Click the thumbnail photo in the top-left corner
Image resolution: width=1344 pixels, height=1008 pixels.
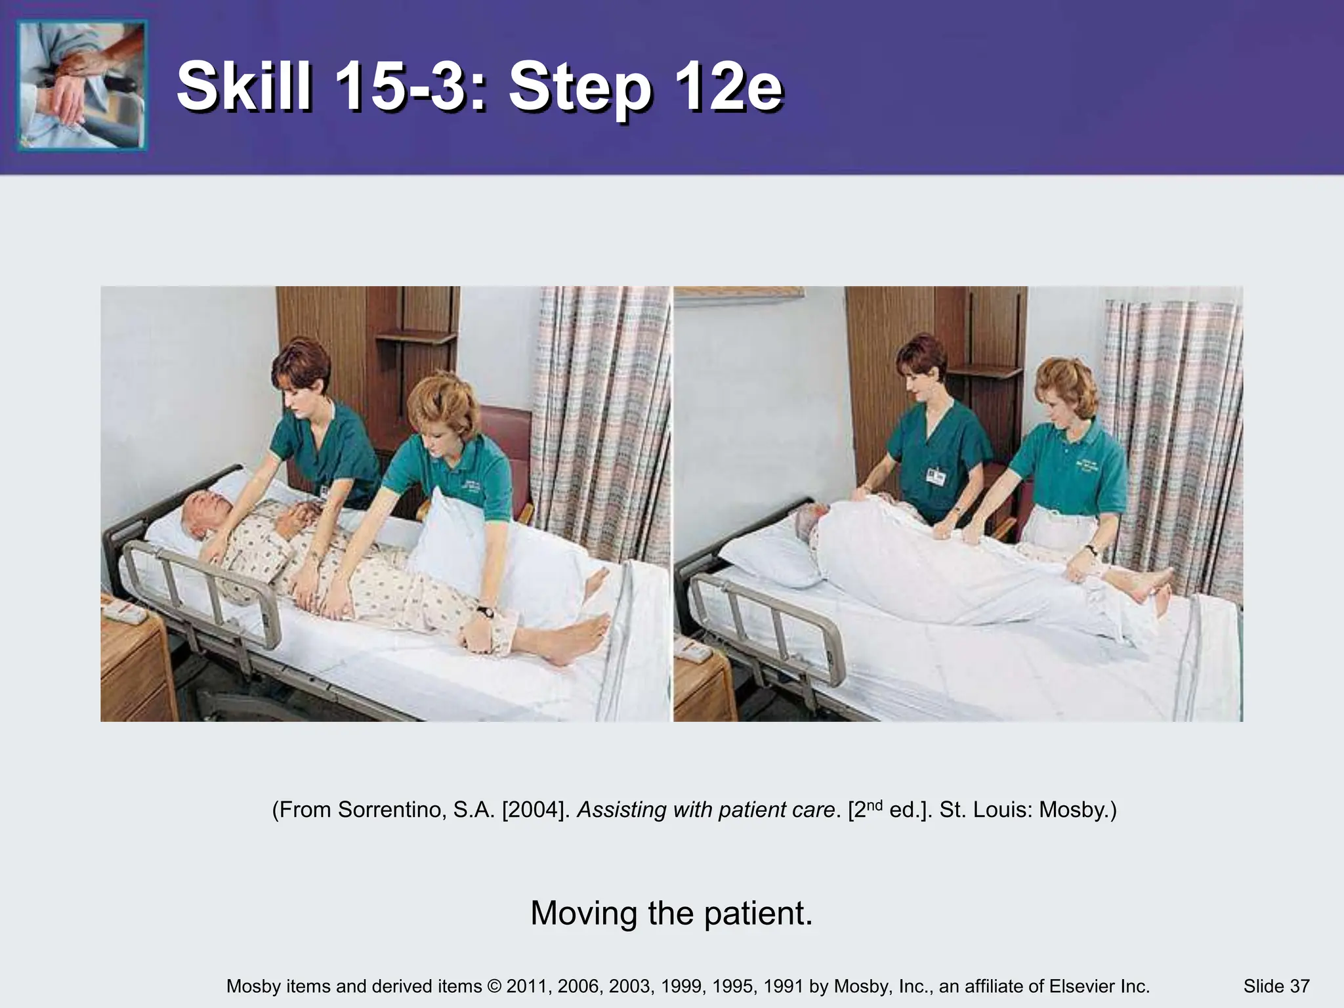point(82,85)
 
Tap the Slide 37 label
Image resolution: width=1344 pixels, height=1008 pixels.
point(1276,986)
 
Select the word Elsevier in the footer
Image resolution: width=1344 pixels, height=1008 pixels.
point(1080,986)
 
